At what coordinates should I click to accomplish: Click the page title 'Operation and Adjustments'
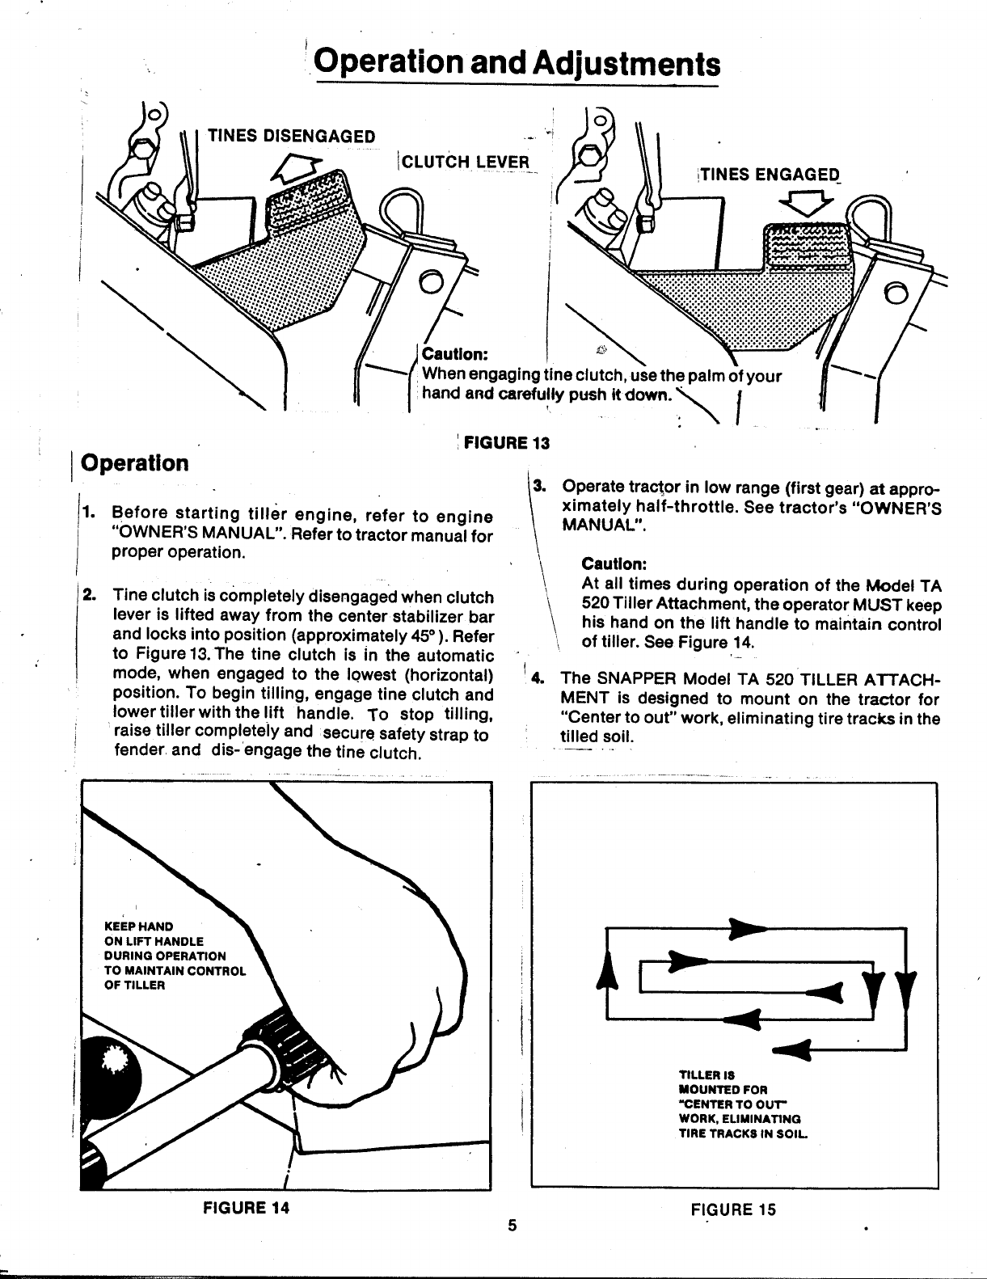coord(517,62)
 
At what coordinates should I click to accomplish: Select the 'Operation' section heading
coord(136,464)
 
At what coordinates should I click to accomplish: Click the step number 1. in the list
coord(91,513)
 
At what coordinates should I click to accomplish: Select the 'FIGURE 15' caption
coord(732,1209)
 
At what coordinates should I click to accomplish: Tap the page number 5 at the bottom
coord(511,1226)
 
